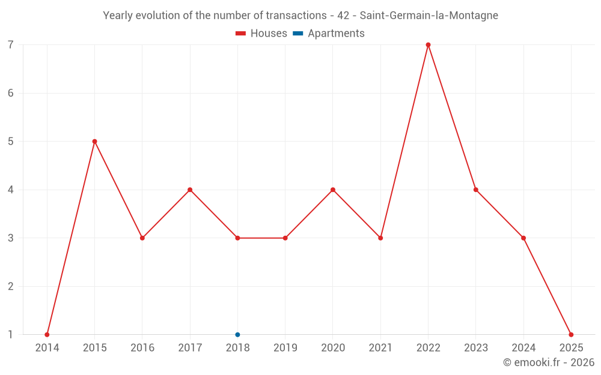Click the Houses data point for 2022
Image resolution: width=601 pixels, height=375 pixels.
[428, 45]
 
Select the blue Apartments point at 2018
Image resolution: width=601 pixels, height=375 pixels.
[237, 334]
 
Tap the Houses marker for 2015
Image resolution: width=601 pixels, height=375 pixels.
[94, 142]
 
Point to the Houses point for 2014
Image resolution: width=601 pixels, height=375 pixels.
[47, 334]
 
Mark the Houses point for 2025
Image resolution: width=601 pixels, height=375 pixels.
[571, 334]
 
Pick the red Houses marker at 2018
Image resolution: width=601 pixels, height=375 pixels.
[237, 238]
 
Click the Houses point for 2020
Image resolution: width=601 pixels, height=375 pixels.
[333, 190]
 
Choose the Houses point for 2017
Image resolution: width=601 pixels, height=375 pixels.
[190, 190]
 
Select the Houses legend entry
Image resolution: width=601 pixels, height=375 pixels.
[261, 34]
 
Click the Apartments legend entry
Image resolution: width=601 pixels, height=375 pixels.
[329, 34]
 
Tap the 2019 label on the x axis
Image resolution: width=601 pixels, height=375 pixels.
[285, 347]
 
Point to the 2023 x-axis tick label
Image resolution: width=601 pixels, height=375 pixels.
[476, 347]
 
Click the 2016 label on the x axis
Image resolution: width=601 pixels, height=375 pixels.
[142, 347]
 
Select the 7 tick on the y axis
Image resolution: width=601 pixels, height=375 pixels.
[11, 45]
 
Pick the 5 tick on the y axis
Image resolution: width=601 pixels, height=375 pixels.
[11, 142]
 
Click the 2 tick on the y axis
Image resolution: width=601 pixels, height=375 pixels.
[11, 286]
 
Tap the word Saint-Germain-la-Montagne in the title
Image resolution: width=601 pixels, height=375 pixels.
[429, 16]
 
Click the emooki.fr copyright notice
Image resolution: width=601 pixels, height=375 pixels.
[548, 362]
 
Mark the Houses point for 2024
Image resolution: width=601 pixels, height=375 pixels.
[523, 238]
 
